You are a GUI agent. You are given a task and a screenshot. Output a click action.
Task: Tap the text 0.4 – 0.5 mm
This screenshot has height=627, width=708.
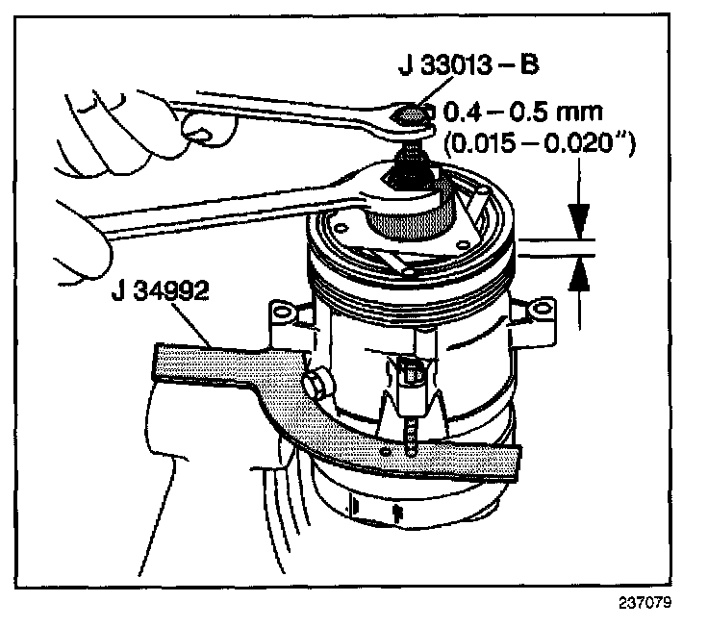pos(511,108)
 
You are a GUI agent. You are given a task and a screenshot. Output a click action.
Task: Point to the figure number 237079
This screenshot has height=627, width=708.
pos(643,605)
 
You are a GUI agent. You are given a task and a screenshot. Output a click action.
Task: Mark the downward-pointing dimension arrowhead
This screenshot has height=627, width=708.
pos(580,217)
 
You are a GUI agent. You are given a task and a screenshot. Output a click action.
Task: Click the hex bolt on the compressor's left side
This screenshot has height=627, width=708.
pos(314,387)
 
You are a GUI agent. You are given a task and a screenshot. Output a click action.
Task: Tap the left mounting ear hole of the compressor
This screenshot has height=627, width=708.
pos(281,312)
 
